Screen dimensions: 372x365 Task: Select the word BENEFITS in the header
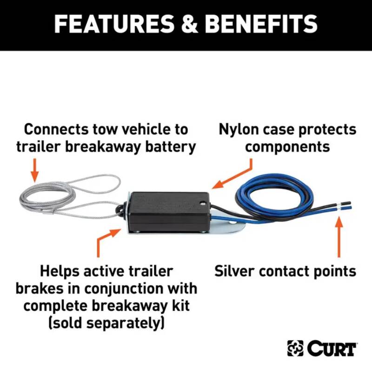[261, 23]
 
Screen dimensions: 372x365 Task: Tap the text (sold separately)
[106, 323]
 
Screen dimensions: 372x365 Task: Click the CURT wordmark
[332, 348]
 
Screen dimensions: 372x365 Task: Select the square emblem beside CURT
[295, 348]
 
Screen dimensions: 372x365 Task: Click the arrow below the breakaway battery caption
[35, 170]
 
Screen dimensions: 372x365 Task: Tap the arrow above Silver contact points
[339, 237]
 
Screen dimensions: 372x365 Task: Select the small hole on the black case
[202, 203]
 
